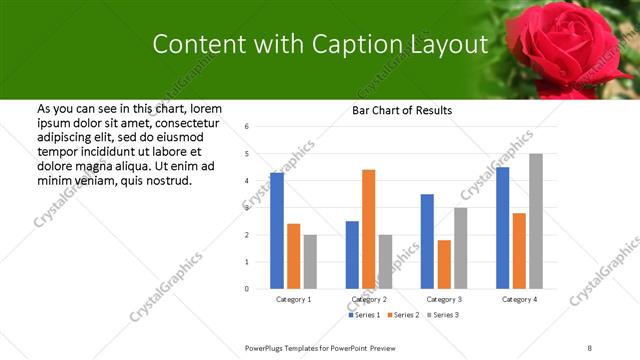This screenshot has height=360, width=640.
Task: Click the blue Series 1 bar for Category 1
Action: [x=277, y=231]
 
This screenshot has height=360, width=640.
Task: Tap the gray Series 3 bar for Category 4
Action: [x=536, y=221]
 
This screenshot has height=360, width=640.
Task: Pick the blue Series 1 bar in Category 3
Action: [x=427, y=241]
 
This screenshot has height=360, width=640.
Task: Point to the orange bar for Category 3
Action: [x=444, y=264]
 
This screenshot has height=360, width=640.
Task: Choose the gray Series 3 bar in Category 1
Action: [x=310, y=262]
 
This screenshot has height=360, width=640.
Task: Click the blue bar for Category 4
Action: [x=502, y=228]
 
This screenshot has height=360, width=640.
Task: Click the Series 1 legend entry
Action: [x=365, y=315]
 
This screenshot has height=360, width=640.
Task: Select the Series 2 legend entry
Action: [x=404, y=315]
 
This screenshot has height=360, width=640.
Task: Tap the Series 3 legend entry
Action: [x=443, y=315]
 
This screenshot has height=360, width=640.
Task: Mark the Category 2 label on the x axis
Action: [x=369, y=299]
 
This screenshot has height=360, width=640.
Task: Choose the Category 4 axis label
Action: [x=519, y=299]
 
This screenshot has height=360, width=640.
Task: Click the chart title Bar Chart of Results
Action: [x=401, y=110]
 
